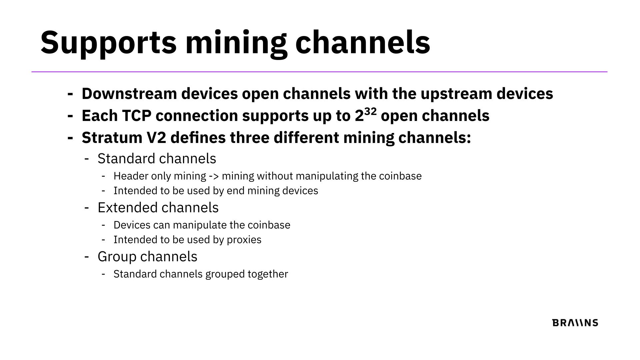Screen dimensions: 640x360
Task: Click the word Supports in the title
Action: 108,42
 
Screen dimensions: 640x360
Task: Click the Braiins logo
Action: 575,323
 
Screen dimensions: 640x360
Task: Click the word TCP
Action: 137,116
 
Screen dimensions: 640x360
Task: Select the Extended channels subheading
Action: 158,207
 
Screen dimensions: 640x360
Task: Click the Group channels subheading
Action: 147,257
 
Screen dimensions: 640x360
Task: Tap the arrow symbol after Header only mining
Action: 214,176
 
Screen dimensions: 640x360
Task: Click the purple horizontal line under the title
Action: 319,72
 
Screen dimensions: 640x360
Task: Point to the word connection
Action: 197,116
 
